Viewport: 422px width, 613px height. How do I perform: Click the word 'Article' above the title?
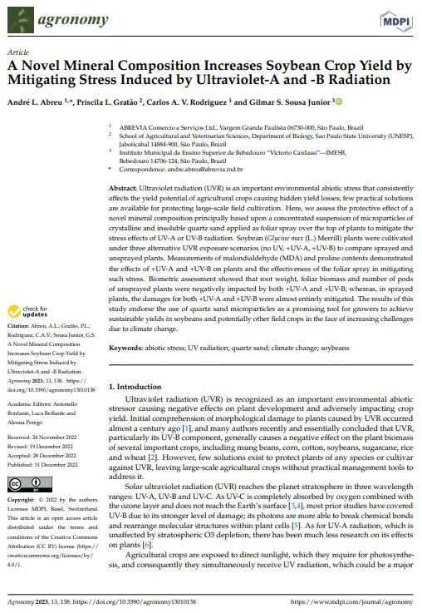16,51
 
